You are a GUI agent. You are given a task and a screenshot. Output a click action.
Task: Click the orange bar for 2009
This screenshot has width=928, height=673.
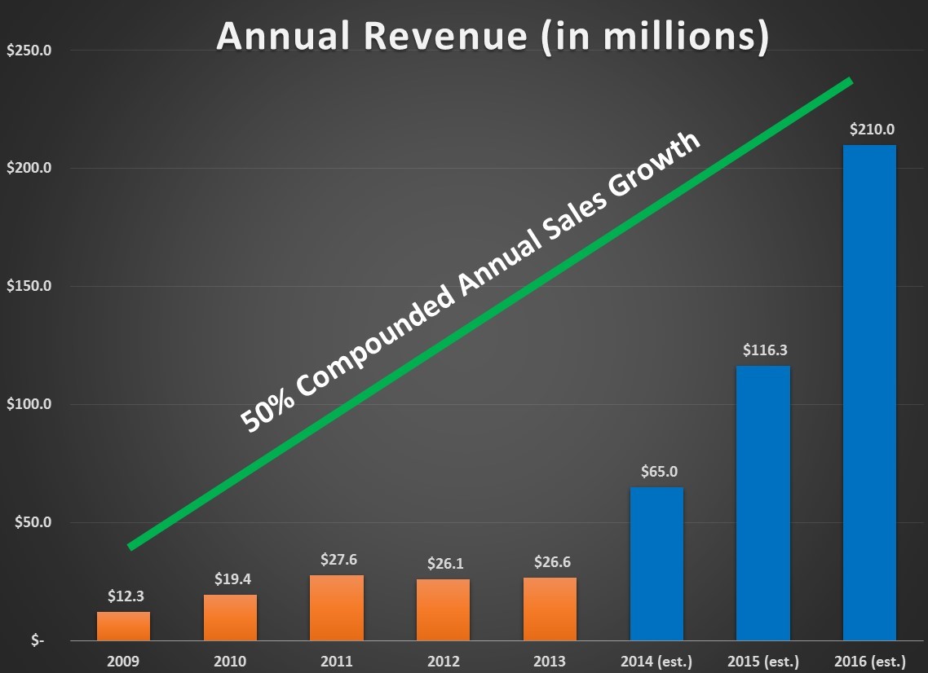pyautogui.click(x=123, y=626)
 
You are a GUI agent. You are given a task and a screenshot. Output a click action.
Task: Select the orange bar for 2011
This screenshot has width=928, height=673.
pyautogui.click(x=337, y=607)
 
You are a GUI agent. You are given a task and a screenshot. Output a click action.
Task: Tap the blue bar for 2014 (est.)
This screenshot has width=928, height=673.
pyautogui.click(x=656, y=564)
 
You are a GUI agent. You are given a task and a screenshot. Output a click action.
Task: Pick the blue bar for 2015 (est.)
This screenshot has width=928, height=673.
pyautogui.click(x=763, y=503)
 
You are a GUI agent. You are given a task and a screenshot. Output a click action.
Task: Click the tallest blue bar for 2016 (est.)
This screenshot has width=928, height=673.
pyautogui.click(x=869, y=393)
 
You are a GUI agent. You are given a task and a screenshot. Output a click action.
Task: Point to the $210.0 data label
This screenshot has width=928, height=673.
pyautogui.click(x=869, y=129)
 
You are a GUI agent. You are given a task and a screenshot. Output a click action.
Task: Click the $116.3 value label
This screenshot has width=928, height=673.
pyautogui.click(x=763, y=350)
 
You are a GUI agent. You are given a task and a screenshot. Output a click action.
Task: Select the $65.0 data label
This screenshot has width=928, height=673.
pyautogui.click(x=657, y=471)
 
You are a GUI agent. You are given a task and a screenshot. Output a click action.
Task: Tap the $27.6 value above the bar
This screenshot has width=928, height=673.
pyautogui.click(x=338, y=560)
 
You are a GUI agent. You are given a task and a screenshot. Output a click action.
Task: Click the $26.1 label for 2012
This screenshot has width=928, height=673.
pyautogui.click(x=444, y=563)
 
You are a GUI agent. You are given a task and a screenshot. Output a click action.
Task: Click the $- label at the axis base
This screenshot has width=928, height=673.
pyautogui.click(x=38, y=640)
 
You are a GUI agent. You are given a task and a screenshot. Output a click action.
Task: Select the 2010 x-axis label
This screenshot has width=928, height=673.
pyautogui.click(x=230, y=662)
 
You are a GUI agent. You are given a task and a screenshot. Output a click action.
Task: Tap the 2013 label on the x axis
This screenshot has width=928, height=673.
pyautogui.click(x=550, y=662)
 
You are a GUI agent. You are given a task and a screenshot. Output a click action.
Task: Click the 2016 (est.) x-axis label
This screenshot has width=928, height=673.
pyautogui.click(x=869, y=662)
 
